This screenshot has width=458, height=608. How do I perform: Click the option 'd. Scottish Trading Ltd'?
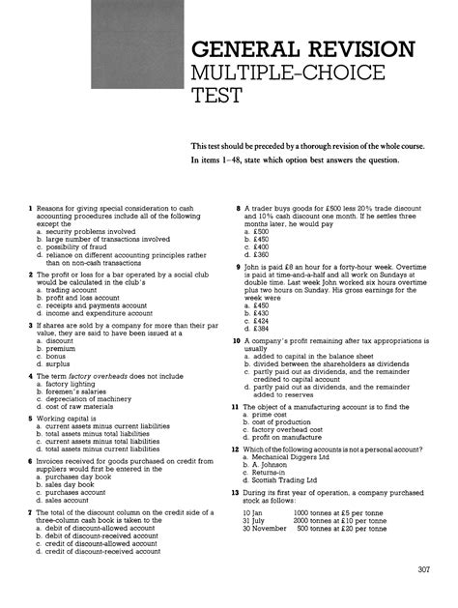pos(285,479)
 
